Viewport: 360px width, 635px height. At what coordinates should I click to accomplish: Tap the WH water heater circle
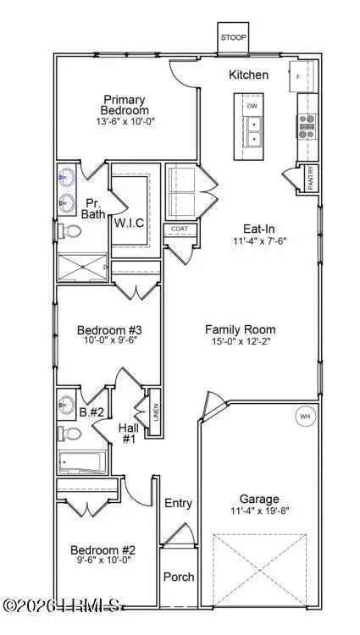click(304, 417)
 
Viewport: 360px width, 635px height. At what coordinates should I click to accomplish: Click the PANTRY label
click(312, 179)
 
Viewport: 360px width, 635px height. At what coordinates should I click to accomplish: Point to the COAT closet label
click(179, 229)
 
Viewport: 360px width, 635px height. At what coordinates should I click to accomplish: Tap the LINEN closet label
click(155, 412)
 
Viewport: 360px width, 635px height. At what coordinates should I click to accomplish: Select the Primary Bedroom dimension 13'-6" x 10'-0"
click(125, 122)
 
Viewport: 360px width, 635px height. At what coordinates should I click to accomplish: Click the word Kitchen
click(249, 75)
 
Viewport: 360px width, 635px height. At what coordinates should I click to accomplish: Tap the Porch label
click(179, 577)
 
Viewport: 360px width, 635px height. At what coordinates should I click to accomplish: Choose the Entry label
click(179, 503)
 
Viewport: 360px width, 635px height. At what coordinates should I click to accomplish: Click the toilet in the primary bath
click(72, 231)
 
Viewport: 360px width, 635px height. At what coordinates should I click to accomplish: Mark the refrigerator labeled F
click(302, 76)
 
